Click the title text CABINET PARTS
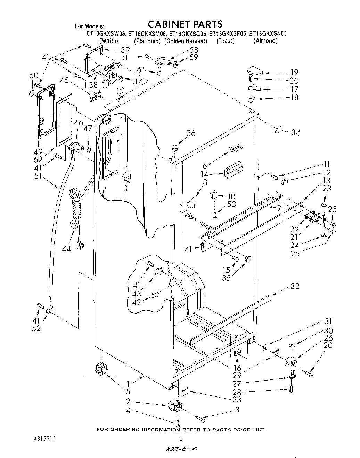click(185, 24)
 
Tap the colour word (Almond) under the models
click(265, 41)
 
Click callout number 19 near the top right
click(294, 73)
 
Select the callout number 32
click(295, 286)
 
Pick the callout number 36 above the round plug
click(191, 133)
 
